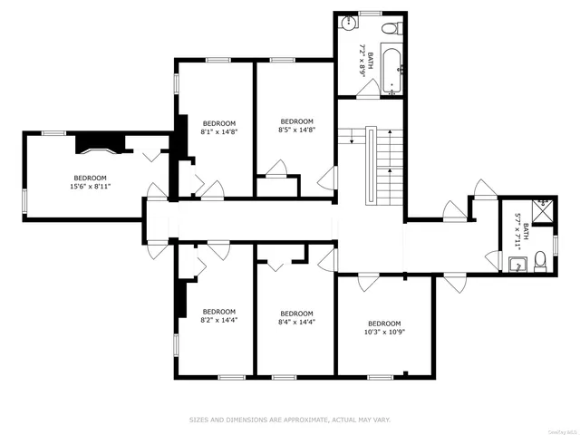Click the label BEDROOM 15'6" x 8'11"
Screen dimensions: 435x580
[x=90, y=182]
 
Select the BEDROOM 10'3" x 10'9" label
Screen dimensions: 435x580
[x=384, y=328]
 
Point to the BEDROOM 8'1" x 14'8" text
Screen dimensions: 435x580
[x=218, y=128]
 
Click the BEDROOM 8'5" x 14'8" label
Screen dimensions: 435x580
[x=296, y=126]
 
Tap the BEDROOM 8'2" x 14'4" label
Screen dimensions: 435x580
[x=218, y=315]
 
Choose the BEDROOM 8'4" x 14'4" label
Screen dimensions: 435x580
[x=296, y=315]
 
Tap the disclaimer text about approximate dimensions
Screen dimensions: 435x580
[x=290, y=420]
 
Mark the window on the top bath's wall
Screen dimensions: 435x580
[x=370, y=13]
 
